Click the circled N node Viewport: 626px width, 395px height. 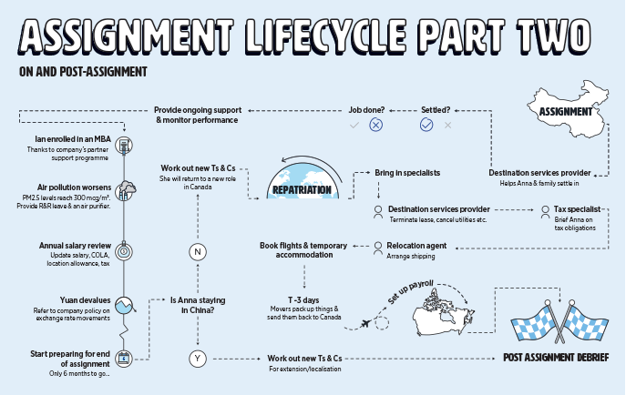pos(198,252)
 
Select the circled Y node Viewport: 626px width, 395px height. pos(198,359)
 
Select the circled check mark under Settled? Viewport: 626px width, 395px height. pos(426,124)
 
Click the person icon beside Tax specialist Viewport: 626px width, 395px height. pos(544,209)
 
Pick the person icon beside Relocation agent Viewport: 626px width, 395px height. pos(378,245)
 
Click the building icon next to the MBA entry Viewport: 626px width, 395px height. pos(124,145)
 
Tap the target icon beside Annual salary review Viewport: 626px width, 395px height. pos(124,250)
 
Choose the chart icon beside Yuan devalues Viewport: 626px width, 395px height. pos(124,304)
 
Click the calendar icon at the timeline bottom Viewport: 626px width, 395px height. pos(124,357)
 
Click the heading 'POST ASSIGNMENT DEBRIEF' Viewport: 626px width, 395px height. pos(556,358)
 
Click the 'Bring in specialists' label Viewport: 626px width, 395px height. pos(407,172)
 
